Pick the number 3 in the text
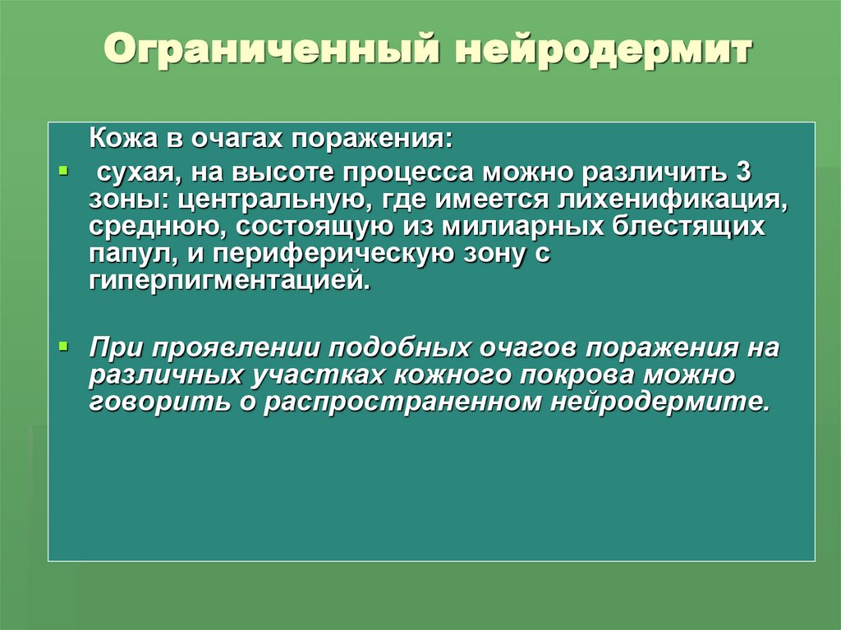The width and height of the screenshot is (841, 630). click(742, 173)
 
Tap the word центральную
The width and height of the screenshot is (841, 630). click(260, 200)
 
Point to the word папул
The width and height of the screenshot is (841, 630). click(127, 253)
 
